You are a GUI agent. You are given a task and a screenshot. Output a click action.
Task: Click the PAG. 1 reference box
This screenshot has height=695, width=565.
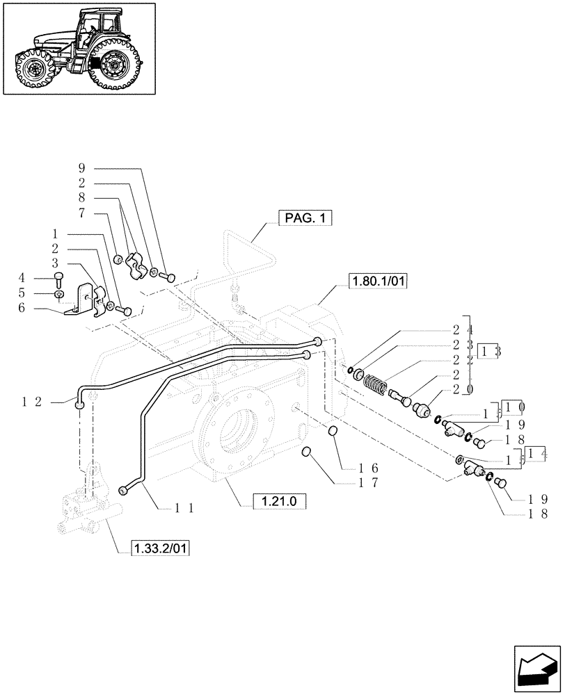[305, 218]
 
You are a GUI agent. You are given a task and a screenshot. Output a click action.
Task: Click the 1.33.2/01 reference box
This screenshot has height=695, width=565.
[160, 548]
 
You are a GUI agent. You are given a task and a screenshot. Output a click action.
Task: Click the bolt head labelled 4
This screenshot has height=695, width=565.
[58, 277]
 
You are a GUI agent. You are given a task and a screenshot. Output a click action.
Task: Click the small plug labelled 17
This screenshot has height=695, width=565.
[305, 453]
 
